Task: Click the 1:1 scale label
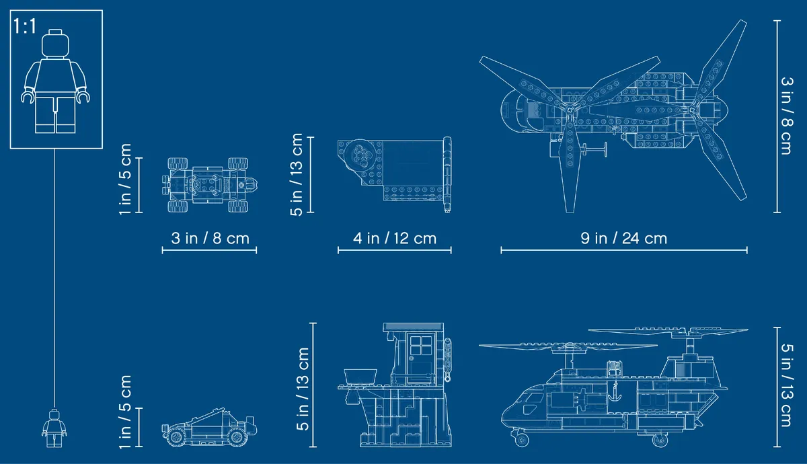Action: [25, 26]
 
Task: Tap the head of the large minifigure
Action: [54, 43]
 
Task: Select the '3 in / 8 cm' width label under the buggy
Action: [210, 238]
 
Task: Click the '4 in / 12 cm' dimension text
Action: [395, 238]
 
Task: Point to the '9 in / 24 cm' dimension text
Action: [623, 238]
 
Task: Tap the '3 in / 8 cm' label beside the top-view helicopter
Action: [787, 116]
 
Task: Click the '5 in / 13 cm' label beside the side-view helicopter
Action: [787, 385]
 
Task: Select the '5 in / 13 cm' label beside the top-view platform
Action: [297, 174]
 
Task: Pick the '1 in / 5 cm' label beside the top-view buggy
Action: [125, 179]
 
